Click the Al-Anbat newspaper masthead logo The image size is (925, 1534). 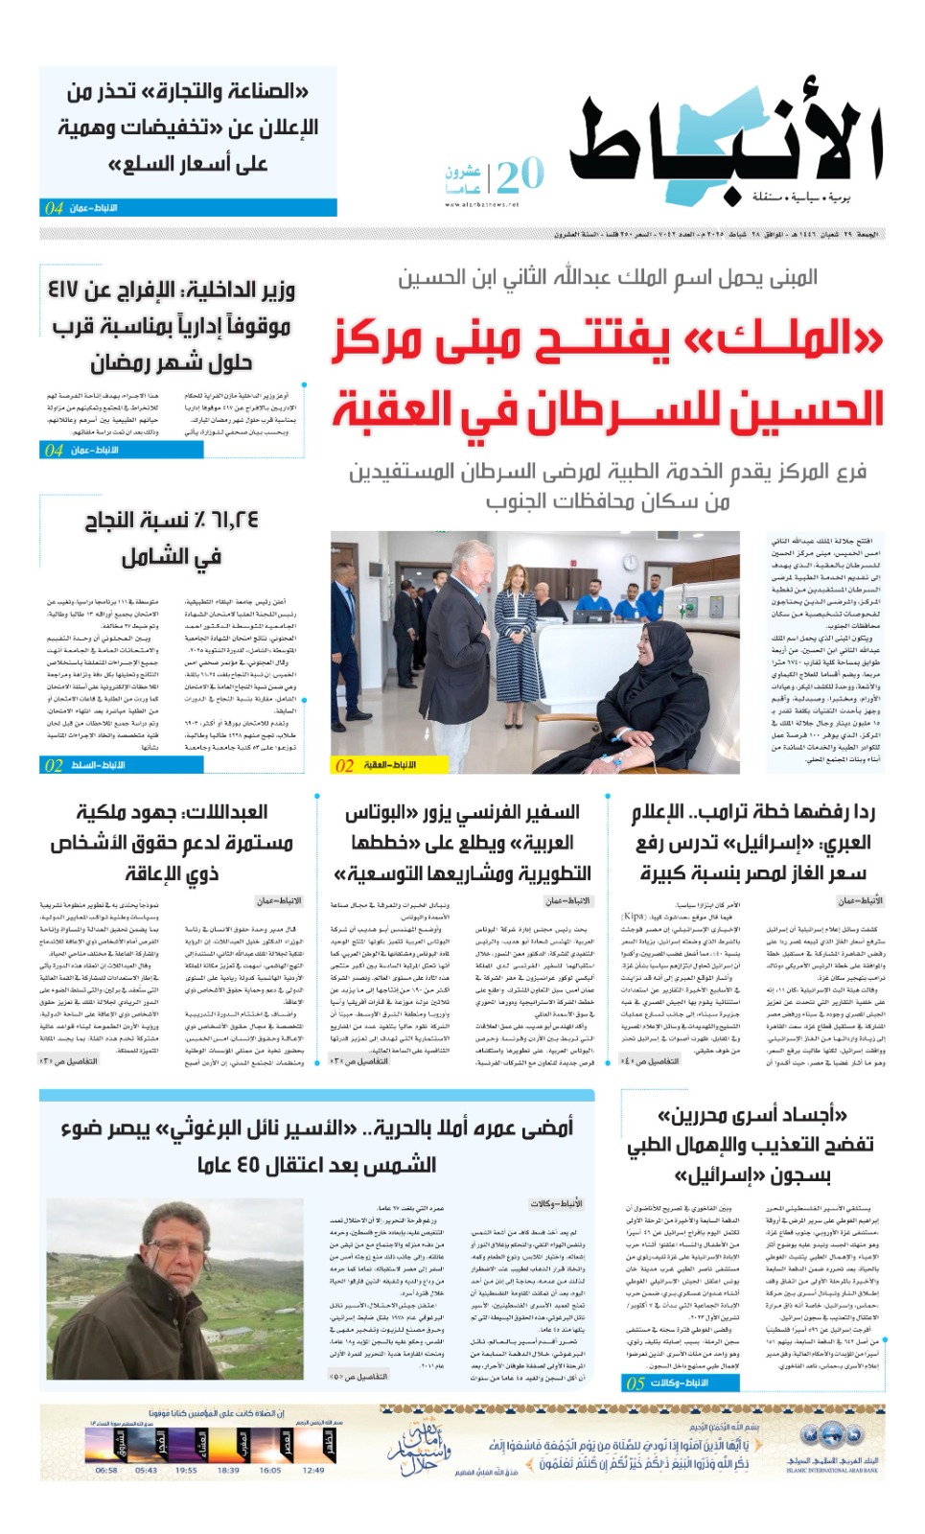click(x=726, y=144)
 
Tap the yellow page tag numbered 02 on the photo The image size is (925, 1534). click(x=343, y=765)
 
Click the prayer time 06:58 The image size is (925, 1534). click(x=106, y=1470)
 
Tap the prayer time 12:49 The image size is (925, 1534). click(x=312, y=1470)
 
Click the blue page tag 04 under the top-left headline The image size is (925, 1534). click(x=54, y=207)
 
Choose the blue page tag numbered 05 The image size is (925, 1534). click(x=635, y=1383)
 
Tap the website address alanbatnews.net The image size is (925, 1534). click(x=481, y=204)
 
